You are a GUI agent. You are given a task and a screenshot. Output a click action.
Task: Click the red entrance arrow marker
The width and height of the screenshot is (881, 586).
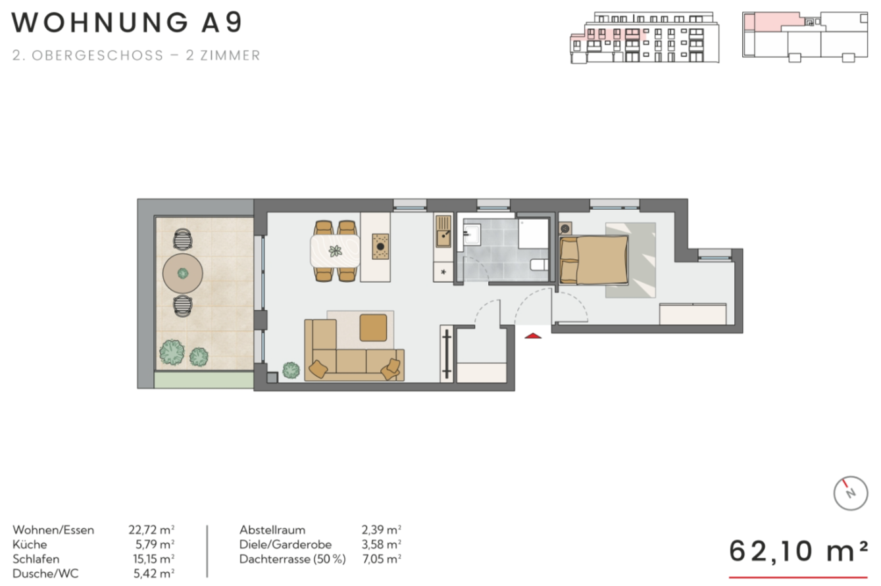point(533,335)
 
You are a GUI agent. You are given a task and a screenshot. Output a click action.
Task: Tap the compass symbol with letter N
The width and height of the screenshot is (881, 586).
point(850,493)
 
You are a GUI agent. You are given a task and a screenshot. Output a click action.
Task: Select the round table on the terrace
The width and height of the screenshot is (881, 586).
point(183,274)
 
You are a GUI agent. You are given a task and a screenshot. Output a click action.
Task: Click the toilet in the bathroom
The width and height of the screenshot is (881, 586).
point(540,264)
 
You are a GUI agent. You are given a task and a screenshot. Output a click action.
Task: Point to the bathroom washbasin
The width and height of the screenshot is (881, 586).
point(472,234)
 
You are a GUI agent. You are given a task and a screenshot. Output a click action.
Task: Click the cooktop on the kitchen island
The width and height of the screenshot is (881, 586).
point(380,247)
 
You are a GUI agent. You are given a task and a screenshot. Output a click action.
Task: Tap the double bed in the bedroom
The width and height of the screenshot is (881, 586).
point(593,260)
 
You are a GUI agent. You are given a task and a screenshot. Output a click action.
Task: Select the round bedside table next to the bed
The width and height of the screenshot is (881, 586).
point(566,228)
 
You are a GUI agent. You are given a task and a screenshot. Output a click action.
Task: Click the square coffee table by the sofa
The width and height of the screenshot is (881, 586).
point(373,328)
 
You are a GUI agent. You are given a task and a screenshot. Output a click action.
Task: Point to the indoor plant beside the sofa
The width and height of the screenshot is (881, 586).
point(291,370)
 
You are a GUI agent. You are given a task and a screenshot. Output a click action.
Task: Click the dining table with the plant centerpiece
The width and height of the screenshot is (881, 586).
point(335,251)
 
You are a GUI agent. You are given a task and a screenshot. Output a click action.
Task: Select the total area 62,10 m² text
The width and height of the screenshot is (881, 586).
point(798,551)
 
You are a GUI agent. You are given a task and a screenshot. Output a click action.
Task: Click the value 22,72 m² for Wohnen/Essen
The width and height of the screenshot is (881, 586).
point(151,530)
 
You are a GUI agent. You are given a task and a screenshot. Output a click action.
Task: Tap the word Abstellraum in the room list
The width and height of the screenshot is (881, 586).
point(272,530)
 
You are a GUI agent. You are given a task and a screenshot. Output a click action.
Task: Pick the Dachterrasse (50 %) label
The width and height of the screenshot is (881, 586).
point(293,559)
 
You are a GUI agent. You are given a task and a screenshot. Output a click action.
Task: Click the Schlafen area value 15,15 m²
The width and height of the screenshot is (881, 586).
point(154,559)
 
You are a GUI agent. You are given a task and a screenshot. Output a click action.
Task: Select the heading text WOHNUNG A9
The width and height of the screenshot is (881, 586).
point(126,22)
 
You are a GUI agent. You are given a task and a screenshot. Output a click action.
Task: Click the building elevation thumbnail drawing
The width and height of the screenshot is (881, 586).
point(645,37)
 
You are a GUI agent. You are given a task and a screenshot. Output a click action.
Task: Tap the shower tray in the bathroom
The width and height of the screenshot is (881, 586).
point(533,234)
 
